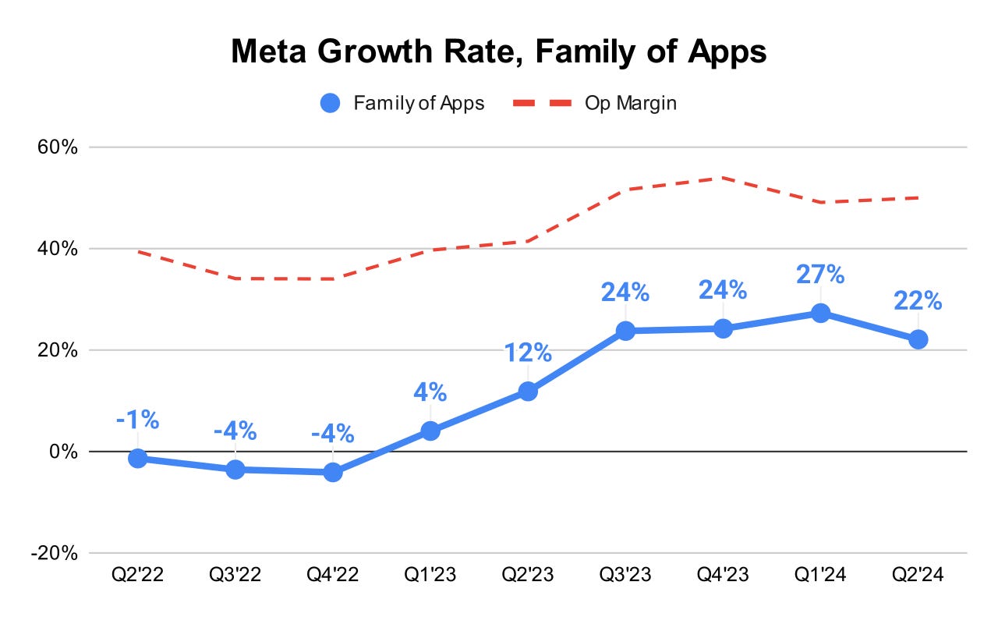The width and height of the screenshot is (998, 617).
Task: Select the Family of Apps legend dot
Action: tap(330, 103)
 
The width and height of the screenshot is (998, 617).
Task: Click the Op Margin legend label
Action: tap(631, 104)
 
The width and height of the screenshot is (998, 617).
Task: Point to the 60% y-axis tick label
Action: tap(58, 147)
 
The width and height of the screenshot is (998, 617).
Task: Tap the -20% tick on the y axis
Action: tap(55, 553)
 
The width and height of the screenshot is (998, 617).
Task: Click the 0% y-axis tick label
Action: tap(63, 452)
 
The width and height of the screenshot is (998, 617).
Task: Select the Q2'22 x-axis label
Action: tap(138, 574)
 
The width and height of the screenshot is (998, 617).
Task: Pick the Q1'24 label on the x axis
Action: tap(820, 574)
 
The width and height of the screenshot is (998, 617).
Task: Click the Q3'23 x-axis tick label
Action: tap(625, 574)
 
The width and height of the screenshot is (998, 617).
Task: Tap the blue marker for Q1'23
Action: tap(430, 431)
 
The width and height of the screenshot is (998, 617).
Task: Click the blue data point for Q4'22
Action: tap(333, 472)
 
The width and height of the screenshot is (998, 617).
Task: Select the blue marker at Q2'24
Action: tap(918, 340)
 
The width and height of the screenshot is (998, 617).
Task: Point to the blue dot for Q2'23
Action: tap(528, 392)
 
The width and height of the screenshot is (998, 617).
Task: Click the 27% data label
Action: tap(820, 274)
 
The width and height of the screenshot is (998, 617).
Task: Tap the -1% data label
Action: tap(138, 420)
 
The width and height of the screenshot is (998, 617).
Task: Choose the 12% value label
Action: tap(528, 353)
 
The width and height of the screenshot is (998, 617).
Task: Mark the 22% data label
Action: tap(918, 300)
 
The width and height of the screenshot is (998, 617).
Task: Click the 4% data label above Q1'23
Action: tap(430, 392)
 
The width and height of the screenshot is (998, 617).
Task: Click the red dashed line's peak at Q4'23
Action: tap(723, 178)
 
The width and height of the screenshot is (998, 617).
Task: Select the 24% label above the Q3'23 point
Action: tap(625, 293)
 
